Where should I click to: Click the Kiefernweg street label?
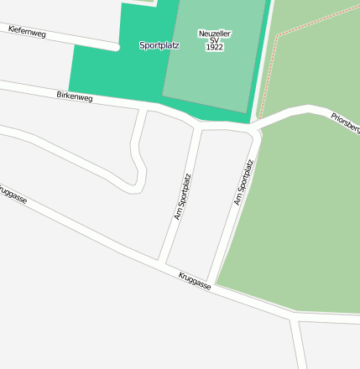pyautogui.click(x=27, y=32)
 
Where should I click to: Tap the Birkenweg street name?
pyautogui.click(x=75, y=96)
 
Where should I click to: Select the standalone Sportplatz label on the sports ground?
pyautogui.click(x=159, y=45)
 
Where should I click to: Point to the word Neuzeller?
pyautogui.click(x=215, y=34)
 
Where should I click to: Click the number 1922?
pyautogui.click(x=214, y=48)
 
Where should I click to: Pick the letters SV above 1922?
pyautogui.click(x=214, y=40)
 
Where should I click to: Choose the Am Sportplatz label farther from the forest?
pyautogui.click(x=182, y=196)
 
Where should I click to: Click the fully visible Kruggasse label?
pyautogui.click(x=195, y=280)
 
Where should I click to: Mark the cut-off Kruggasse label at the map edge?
pyautogui.click(x=12, y=194)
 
